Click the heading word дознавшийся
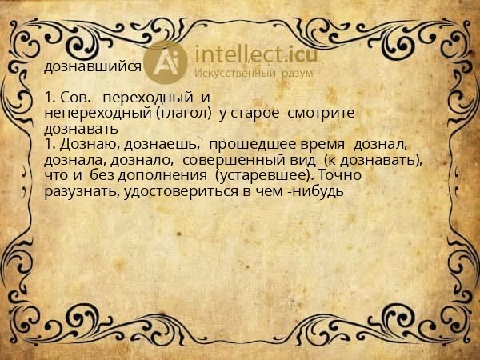94,66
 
